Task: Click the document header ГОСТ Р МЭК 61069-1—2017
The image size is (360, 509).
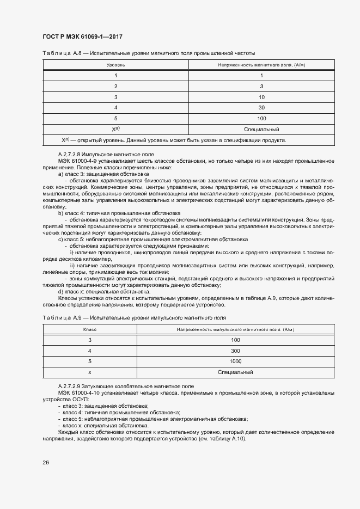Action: pyautogui.click(x=82, y=36)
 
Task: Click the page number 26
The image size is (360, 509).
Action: pyautogui.click(x=46, y=462)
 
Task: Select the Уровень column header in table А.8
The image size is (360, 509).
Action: pyautogui.click(x=115, y=65)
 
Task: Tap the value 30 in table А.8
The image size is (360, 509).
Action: pyautogui.click(x=261, y=107)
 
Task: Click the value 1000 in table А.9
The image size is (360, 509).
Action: pyautogui.click(x=235, y=361)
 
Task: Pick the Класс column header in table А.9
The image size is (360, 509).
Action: pyautogui.click(x=89, y=330)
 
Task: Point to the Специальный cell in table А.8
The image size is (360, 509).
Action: pyautogui.click(x=261, y=130)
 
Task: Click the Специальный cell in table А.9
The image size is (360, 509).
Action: pyautogui.click(x=235, y=372)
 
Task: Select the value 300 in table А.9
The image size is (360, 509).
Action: pyautogui.click(x=235, y=351)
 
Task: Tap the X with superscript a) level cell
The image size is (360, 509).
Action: pyautogui.click(x=115, y=130)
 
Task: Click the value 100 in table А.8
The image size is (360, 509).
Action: pyautogui.click(x=261, y=118)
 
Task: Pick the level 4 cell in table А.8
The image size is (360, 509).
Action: pyautogui.click(x=115, y=107)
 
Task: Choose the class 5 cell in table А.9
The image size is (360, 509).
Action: pyautogui.click(x=89, y=361)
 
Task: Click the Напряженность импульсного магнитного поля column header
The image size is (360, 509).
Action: pyautogui.click(x=235, y=330)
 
